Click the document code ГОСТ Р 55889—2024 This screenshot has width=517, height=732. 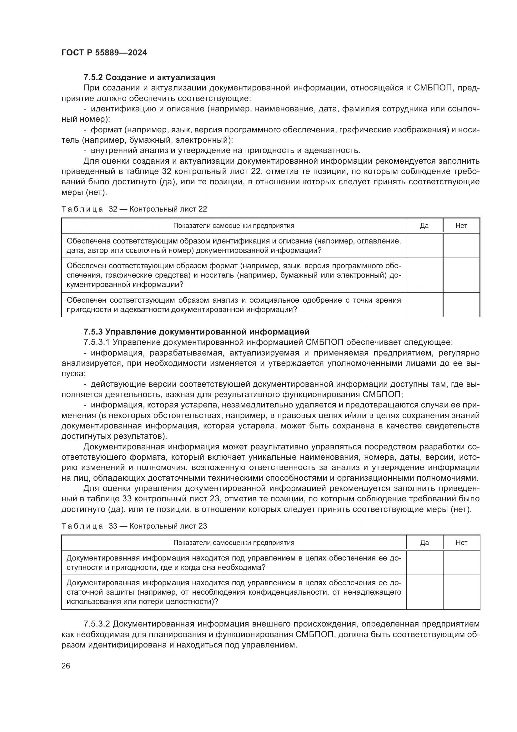pyautogui.click(x=104, y=53)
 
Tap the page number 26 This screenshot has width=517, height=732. pyautogui.click(x=66, y=666)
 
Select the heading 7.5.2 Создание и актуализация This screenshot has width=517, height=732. pyautogui.click(x=149, y=77)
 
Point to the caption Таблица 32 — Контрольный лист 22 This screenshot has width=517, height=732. pyautogui.click(x=134, y=209)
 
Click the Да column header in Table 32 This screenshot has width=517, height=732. pyautogui.click(x=424, y=226)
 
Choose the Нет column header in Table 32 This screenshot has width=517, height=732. pyautogui.click(x=461, y=226)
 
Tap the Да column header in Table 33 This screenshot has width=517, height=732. pyautogui.click(x=424, y=543)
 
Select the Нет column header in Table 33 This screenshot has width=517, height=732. pyautogui.click(x=461, y=543)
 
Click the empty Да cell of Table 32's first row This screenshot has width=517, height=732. pyautogui.click(x=424, y=245)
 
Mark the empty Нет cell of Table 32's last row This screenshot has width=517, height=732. pyautogui.click(x=461, y=305)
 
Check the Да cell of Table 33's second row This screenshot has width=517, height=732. pyautogui.click(x=424, y=592)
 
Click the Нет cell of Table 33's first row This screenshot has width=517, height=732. pyautogui.click(x=461, y=563)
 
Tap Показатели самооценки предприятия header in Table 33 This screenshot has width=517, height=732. pyautogui.click(x=234, y=543)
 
